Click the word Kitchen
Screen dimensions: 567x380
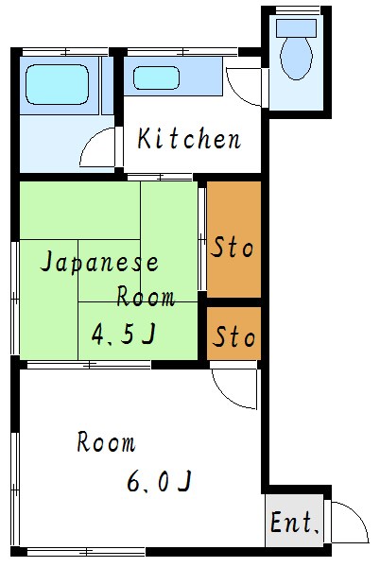point(189,141)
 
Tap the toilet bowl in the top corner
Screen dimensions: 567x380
point(296,59)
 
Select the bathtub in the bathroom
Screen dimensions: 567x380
point(56,84)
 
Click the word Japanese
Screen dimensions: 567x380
point(98,263)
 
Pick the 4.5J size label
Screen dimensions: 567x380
point(123,333)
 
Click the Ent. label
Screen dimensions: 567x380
point(295,523)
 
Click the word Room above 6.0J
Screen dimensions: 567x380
point(106,442)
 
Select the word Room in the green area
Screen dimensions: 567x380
point(146,297)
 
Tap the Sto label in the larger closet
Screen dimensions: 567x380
point(233,249)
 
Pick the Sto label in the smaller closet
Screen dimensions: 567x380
point(233,336)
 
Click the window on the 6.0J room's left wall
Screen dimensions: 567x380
point(15,463)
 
